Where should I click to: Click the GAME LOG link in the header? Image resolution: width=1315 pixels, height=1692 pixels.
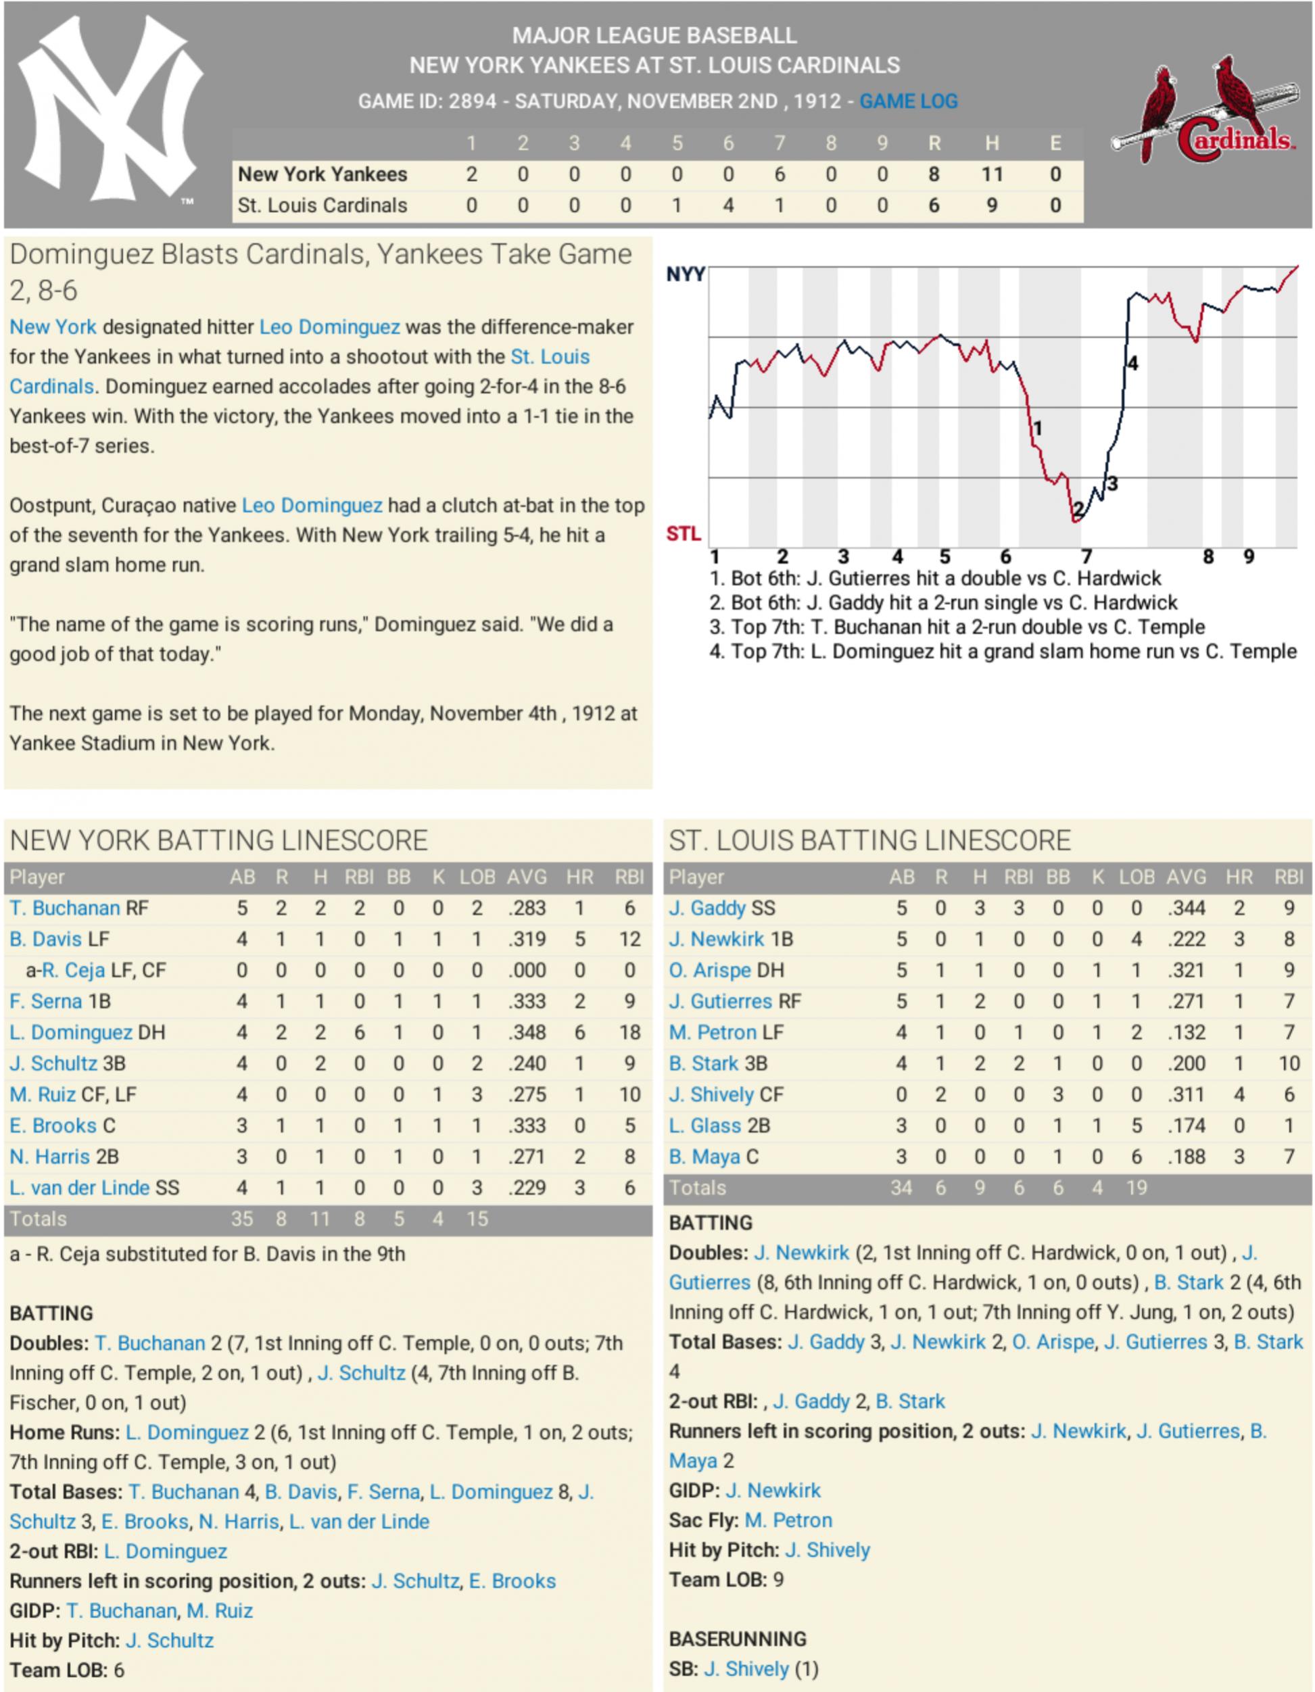[x=908, y=101]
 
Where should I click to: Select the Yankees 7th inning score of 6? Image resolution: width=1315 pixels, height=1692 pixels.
[x=779, y=174]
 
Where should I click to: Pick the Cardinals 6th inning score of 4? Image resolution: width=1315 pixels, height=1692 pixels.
[x=727, y=206]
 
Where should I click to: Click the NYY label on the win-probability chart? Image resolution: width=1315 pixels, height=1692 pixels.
[x=685, y=274]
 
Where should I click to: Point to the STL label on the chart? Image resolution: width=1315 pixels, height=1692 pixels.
[x=684, y=534]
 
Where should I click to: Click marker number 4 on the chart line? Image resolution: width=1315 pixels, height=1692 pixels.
[x=1132, y=364]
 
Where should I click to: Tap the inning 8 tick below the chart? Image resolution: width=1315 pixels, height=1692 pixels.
[x=1208, y=556]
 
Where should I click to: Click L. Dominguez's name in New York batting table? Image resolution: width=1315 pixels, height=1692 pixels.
[x=70, y=1033]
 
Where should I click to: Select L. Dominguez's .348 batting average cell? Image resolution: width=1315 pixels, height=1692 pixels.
[x=527, y=1033]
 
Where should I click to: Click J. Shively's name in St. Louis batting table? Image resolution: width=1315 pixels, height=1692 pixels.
[x=711, y=1094]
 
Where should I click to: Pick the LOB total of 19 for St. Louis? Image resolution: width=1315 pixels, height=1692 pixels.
[x=1136, y=1188]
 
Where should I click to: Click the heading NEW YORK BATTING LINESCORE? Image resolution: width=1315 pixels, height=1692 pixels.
[x=218, y=840]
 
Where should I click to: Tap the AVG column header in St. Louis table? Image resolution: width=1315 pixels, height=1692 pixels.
[x=1186, y=877]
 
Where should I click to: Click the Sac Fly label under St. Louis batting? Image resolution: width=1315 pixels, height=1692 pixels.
[x=703, y=1520]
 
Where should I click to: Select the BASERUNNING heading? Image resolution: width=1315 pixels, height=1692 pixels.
[x=738, y=1639]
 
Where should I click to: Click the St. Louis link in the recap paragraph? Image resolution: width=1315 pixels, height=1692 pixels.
[x=550, y=357]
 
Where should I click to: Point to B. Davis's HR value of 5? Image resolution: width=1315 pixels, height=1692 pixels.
[x=579, y=940]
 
